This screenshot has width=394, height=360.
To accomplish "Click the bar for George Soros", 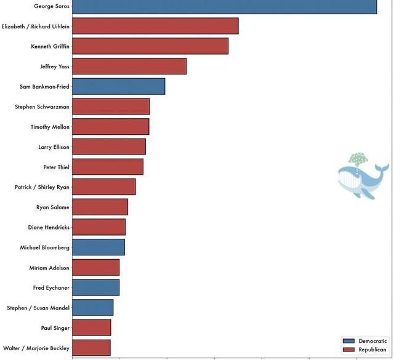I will tap(224, 6).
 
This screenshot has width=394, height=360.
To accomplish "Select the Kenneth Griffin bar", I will tap(150, 46).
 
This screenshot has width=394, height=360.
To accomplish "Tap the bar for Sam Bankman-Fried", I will tap(118, 87).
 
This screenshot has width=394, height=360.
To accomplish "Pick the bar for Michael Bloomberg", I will tap(98, 247).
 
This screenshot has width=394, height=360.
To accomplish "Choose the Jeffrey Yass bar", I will tap(129, 66).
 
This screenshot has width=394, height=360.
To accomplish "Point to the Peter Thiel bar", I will tap(108, 167).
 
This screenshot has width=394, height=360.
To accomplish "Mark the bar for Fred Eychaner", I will tap(95, 287).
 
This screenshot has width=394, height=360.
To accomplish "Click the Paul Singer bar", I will tap(92, 328).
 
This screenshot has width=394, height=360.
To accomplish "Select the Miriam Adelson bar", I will tap(95, 268).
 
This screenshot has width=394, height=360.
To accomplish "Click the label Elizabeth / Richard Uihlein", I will tap(36, 26).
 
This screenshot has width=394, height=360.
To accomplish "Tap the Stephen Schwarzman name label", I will tap(42, 107).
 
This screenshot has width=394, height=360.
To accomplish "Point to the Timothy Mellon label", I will tap(50, 127).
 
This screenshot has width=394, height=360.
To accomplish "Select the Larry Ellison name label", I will tap(54, 147).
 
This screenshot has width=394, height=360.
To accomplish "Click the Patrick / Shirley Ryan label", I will tap(42, 187).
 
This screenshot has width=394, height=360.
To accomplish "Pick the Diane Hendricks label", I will tap(49, 228).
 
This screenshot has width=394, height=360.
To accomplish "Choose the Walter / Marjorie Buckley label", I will tap(36, 348).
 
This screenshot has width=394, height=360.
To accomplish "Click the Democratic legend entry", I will tap(365, 341).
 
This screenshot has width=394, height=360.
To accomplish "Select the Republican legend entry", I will tap(365, 350).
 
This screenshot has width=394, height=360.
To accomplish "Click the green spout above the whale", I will tap(357, 159).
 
